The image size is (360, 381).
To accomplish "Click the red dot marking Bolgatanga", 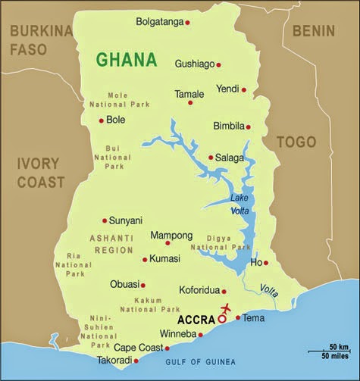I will (x=187, y=23).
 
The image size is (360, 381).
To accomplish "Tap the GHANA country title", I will (x=127, y=60).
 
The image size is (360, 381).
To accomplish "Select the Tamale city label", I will (x=189, y=94).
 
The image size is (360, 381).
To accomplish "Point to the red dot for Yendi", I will (x=243, y=89).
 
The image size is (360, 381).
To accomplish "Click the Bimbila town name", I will (x=228, y=126).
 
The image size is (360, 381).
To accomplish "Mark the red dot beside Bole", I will (x=101, y=120).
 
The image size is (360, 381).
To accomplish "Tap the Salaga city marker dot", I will (x=211, y=158).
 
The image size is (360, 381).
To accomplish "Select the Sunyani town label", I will (x=125, y=220).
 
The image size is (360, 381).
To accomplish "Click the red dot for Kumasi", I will (x=145, y=260).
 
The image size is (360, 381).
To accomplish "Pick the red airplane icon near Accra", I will (x=226, y=309).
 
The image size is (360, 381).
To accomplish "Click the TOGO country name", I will (x=296, y=142).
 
